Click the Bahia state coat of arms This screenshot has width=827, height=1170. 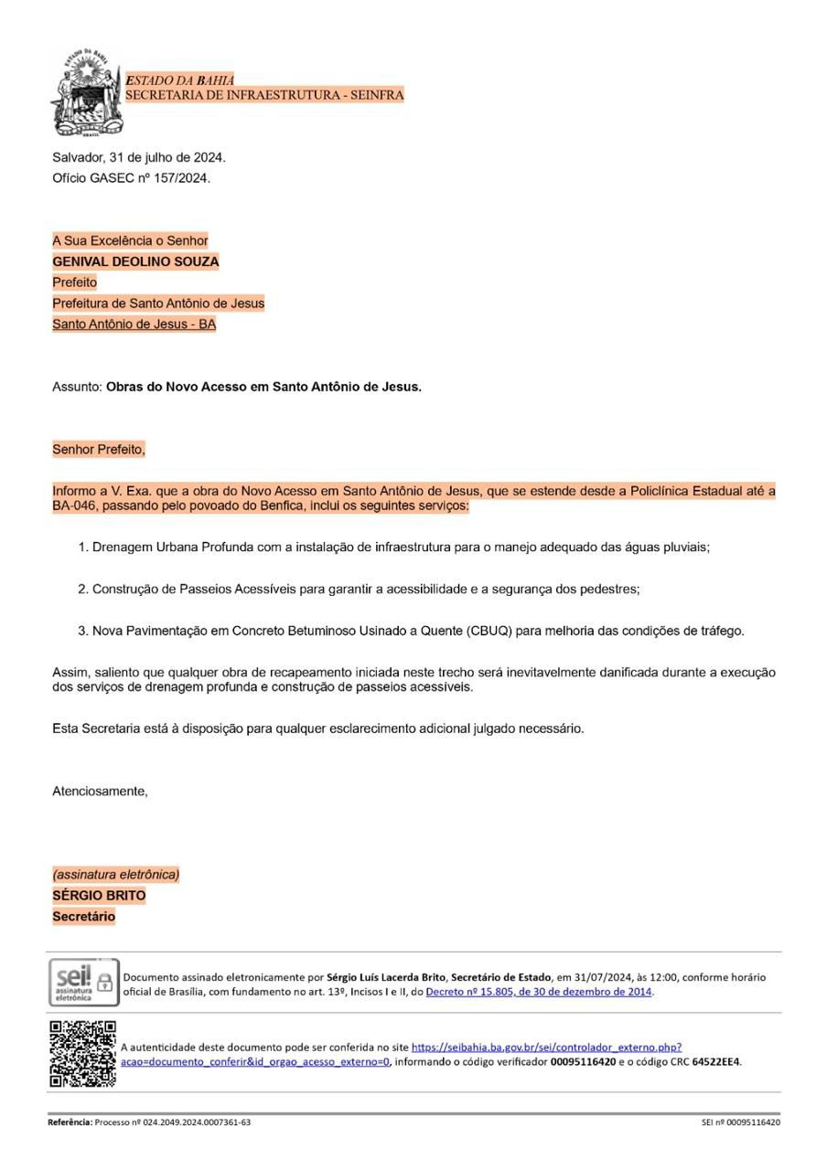coord(86,91)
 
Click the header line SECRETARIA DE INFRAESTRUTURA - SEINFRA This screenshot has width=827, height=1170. coord(264,95)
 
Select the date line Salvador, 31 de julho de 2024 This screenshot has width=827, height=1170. coord(139,157)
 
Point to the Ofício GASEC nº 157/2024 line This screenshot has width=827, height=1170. coord(131,178)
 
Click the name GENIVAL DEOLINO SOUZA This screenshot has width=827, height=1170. coord(135,261)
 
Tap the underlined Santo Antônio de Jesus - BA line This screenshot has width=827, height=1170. coord(134,324)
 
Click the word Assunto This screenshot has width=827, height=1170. coord(77,387)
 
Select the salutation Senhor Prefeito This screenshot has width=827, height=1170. coord(99,450)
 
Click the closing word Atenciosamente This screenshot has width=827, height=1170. coord(100,791)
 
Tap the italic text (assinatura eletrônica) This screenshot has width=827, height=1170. coord(115,875)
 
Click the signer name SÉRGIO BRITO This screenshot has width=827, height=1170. coord(99,896)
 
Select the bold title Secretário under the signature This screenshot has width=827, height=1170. coord(84,917)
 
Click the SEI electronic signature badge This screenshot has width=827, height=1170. coord(83,983)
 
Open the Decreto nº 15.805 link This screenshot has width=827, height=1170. coord(539,992)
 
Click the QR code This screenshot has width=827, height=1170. coord(82,1054)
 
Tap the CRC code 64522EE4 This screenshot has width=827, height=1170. coord(715,1062)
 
